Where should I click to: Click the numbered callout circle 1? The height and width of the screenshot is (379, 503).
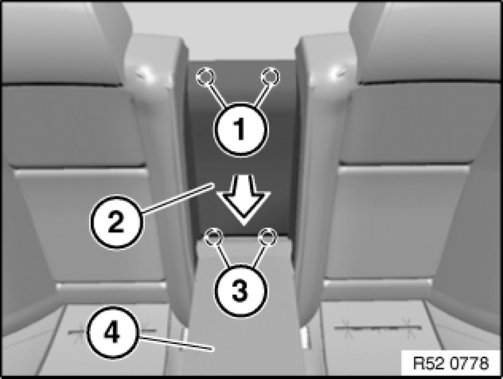coord(240,129)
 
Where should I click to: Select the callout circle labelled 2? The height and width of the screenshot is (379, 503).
coord(116,222)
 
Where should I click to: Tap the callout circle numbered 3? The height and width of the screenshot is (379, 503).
coord(240,292)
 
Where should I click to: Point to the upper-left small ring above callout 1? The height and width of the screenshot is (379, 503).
coord(206,77)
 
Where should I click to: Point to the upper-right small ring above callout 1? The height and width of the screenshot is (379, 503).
coord(270,77)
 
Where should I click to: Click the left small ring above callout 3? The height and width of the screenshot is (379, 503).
coord(214,237)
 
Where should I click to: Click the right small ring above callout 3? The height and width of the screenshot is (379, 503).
coord(267,237)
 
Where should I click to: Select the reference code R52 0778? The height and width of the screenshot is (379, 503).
coord(451,363)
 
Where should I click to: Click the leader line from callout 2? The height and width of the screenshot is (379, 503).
coord(178,198)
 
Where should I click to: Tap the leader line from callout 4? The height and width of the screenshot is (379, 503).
coord(176,343)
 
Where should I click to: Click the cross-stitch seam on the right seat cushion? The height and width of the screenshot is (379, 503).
coord(378,328)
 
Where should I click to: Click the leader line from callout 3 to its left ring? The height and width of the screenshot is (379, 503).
coord(223,256)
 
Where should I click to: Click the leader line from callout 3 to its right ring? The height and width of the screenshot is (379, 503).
coord(259,256)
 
